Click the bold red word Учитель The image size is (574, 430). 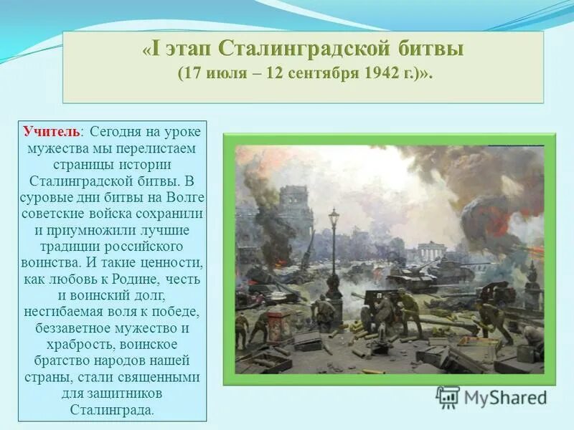coord(52,133)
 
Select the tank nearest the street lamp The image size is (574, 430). coord(408,276)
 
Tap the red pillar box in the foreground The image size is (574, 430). coord(278,323)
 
